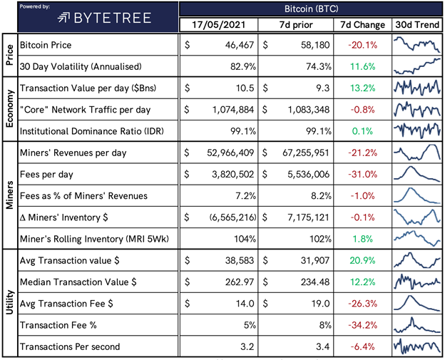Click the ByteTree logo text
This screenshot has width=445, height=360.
pos(113,18)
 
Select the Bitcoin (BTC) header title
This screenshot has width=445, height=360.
pos(312,9)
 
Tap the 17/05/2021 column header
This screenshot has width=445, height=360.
pos(218,25)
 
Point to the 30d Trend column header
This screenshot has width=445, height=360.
pos(417,25)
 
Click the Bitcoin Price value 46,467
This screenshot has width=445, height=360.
pos(240,45)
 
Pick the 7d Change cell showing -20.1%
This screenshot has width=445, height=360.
pos(363,45)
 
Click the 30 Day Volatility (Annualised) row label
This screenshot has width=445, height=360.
pos(81,66)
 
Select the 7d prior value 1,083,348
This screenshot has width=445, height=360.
pos(309,110)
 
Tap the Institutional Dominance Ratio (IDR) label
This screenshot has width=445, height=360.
pos(92,131)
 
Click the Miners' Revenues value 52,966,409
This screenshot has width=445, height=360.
pos(230,153)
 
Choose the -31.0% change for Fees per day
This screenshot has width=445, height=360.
pos(363,174)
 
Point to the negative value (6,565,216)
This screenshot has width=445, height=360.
pos(232,217)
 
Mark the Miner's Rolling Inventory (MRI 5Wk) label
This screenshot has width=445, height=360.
pos(94,239)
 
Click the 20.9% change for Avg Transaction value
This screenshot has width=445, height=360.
pos(362,260)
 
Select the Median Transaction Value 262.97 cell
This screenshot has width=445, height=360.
pos(240,282)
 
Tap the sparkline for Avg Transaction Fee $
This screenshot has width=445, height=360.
pos(417,303)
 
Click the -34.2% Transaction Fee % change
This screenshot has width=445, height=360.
pos(363,325)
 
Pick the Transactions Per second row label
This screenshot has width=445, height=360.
pos(70,346)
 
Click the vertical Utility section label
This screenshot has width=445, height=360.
pos(10,302)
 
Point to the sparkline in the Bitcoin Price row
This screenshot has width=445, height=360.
pos(417,44)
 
